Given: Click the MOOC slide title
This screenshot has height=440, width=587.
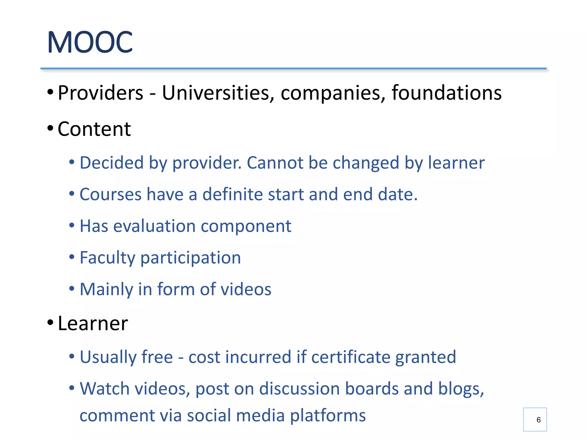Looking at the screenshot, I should (90, 42).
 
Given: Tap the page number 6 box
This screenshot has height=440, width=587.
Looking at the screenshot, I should (535, 419).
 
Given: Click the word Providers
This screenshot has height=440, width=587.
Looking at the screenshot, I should (100, 93).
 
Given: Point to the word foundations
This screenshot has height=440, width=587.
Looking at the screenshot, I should (446, 93).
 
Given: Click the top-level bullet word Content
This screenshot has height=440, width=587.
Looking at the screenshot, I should (94, 129).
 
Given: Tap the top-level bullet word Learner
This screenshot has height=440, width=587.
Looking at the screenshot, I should (93, 323).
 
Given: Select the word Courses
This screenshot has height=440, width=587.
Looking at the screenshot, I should (110, 195).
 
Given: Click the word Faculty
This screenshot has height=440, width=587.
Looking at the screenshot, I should (107, 258).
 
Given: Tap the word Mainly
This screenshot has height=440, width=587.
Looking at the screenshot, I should (106, 289).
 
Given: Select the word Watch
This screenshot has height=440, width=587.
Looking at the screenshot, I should (104, 389).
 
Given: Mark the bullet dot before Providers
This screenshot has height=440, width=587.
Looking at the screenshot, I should (50, 92).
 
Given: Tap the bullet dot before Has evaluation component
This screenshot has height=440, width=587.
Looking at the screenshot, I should (72, 225).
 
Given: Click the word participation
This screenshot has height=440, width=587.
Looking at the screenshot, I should (190, 258).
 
